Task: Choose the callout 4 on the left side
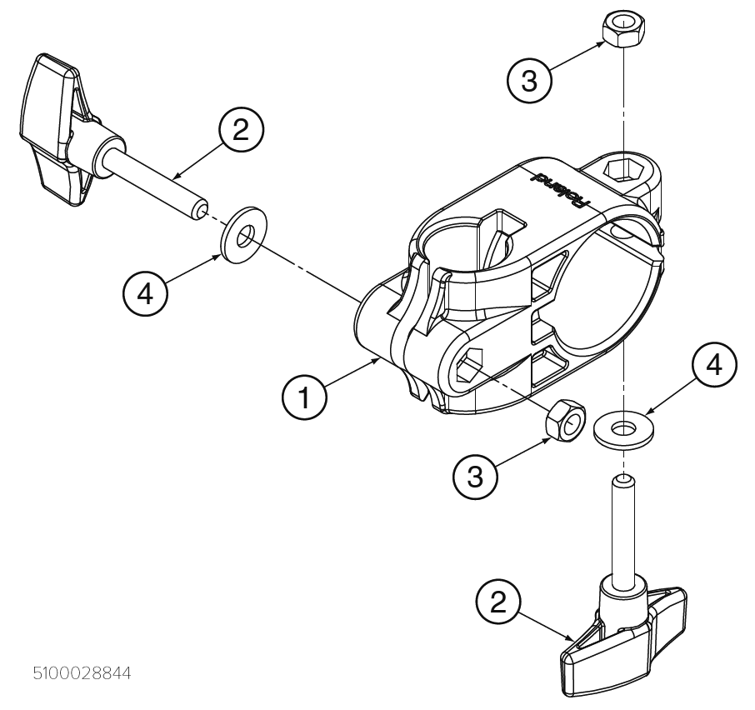(146, 295)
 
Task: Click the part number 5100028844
(82, 672)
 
